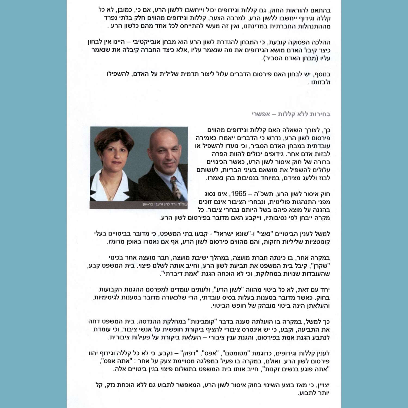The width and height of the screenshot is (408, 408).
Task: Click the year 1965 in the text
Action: pyautogui.click(x=239, y=194)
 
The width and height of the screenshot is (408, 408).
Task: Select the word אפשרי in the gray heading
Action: pyautogui.click(x=261, y=114)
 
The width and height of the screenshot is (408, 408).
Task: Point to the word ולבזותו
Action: pyautogui.click(x=321, y=82)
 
